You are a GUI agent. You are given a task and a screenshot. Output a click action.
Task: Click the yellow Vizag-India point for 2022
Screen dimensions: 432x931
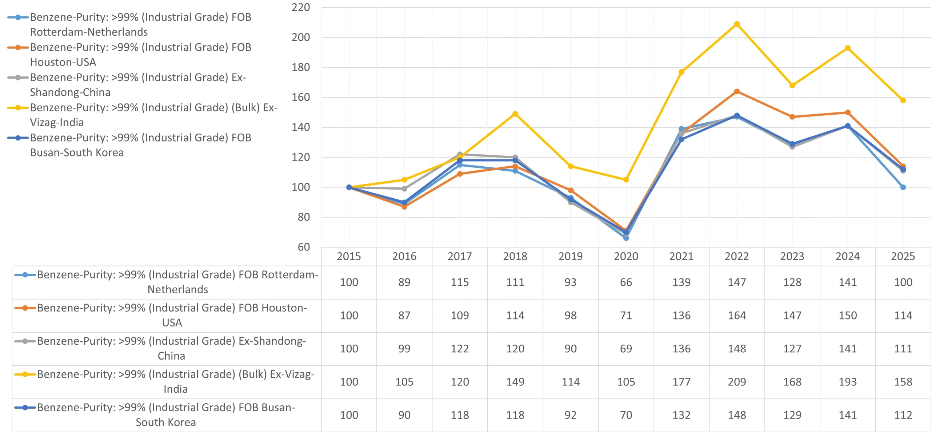(x=737, y=24)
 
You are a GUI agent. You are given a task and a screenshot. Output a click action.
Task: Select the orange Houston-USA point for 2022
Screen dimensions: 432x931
(x=737, y=91)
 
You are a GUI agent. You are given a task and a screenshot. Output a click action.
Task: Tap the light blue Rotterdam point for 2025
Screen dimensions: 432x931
(x=903, y=187)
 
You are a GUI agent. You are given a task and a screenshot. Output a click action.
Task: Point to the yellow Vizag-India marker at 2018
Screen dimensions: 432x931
(x=515, y=114)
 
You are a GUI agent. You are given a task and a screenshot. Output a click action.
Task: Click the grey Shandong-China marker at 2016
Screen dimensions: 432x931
(x=404, y=189)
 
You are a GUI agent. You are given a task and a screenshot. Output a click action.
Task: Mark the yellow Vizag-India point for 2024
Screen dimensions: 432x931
(x=848, y=48)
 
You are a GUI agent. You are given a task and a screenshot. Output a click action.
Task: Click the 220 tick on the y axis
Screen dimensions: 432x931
(x=301, y=7)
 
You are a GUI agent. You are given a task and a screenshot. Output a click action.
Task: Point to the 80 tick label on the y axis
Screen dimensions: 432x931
(x=304, y=217)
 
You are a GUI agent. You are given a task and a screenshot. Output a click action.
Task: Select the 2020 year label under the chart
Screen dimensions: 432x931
(x=626, y=257)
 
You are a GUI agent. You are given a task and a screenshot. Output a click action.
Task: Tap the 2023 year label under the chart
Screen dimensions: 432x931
(x=792, y=257)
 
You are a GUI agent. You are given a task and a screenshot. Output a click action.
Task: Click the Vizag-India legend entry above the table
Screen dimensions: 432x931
(x=142, y=115)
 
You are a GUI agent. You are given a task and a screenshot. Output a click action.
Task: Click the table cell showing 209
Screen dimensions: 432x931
(x=737, y=382)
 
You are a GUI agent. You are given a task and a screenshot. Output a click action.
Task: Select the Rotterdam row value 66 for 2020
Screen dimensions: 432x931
(x=626, y=282)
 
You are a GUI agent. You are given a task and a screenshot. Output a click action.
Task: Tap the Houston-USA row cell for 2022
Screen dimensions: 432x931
(x=737, y=316)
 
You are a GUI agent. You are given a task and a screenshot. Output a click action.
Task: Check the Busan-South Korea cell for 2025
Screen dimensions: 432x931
(x=903, y=415)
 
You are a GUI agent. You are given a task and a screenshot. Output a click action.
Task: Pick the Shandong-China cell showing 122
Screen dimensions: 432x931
(x=460, y=349)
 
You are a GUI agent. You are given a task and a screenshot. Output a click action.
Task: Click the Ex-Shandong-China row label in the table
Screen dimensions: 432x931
(x=171, y=348)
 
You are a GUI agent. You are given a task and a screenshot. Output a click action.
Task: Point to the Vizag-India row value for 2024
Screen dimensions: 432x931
(x=848, y=382)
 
